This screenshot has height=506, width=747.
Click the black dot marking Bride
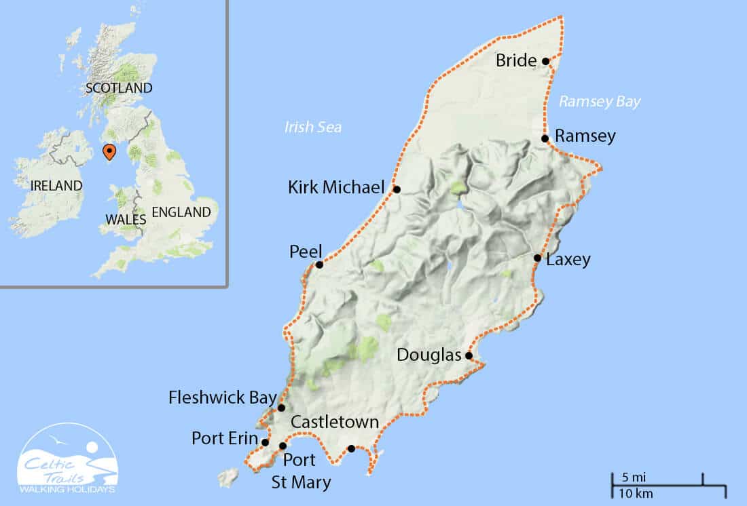point(545,61)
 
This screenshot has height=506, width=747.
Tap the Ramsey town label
point(585,136)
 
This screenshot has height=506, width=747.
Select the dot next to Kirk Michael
point(397,189)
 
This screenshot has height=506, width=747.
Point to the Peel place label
point(306,252)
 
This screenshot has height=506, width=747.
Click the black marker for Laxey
point(537,258)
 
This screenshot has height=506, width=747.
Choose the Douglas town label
point(428,355)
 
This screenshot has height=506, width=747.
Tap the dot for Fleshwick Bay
point(281,408)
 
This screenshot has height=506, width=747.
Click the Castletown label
point(334,422)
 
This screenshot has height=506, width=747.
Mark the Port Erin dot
point(265,442)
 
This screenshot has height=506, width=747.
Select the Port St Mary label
point(300,471)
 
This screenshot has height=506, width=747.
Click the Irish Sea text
point(313,127)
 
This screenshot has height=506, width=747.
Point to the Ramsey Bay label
point(600,102)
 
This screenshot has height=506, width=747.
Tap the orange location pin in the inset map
point(108,151)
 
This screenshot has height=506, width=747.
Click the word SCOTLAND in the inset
point(119,88)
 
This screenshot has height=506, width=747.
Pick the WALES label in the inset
point(126,219)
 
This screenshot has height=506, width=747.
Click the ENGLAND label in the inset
point(181,212)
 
